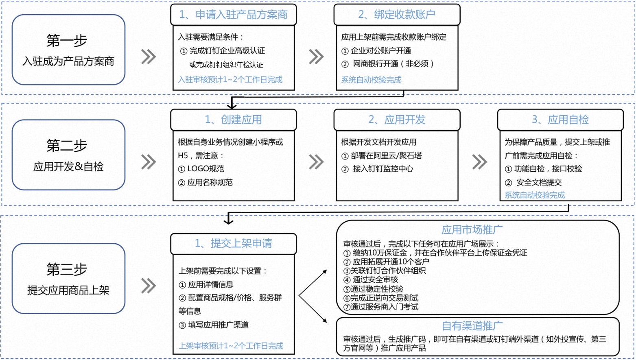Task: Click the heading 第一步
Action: pyautogui.click(x=67, y=40)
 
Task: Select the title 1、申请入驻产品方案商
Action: pyautogui.click(x=234, y=15)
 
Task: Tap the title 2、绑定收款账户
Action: pyautogui.click(x=397, y=15)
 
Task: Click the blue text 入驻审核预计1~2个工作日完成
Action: pyautogui.click(x=230, y=79)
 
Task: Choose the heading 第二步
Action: pyautogui.click(x=67, y=145)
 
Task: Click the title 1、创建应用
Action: pyautogui.click(x=234, y=120)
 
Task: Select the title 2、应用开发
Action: pyautogui.click(x=397, y=120)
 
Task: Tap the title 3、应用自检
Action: pyautogui.click(x=560, y=120)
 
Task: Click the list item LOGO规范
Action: pyautogui.click(x=206, y=169)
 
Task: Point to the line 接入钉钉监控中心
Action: pyautogui.click(x=383, y=169)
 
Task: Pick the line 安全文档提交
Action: pyautogui.click(x=539, y=182)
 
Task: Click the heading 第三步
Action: pyautogui.click(x=67, y=269)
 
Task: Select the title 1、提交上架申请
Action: pyautogui.click(x=234, y=243)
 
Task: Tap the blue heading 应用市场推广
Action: pyautogui.click(x=472, y=230)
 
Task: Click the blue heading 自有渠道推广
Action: pyautogui.click(x=472, y=326)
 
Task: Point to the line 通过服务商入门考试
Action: pyautogui.click(x=384, y=307)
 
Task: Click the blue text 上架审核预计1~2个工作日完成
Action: pyautogui.click(x=231, y=346)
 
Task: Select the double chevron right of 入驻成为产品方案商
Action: pyautogui.click(x=149, y=57)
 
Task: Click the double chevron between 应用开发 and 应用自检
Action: pyautogui.click(x=480, y=162)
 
